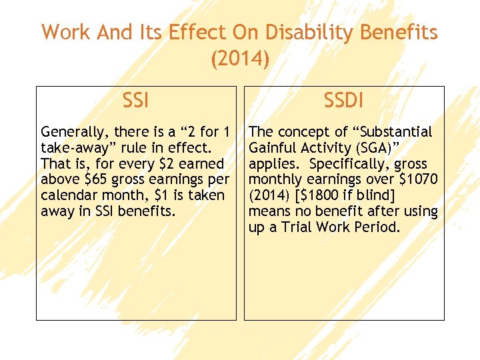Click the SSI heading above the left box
tap(136, 101)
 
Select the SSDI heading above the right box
tap(343, 101)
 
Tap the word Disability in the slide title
tap(298, 32)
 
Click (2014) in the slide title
tap(240, 59)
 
